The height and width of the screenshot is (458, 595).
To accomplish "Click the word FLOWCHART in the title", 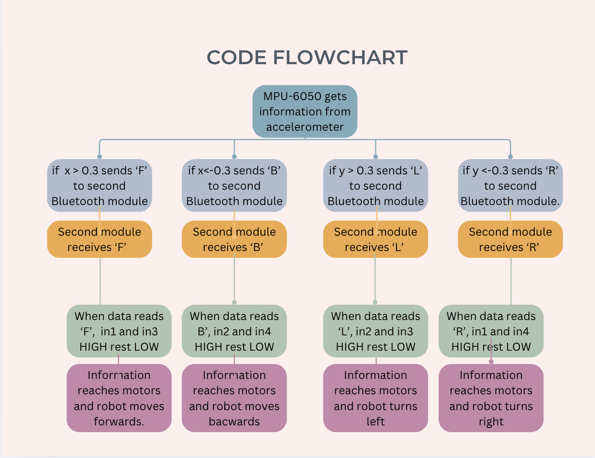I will pos(340,58).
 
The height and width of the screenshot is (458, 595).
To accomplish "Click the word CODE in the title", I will pos(236,58).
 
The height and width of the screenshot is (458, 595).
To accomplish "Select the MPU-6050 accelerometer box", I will pos(305,112).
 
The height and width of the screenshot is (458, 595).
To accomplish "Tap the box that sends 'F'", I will pos(99,186).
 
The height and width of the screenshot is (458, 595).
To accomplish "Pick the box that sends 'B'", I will pos(234,186).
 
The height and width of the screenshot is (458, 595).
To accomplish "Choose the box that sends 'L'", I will pos(375,186).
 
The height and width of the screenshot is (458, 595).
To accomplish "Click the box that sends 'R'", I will pos(510,186).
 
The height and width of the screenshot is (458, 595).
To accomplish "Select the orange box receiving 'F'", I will pos(99,240).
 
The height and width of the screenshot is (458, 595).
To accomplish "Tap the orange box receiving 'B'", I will pos(234,240).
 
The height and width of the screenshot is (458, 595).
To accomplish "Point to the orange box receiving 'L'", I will pos(375,240).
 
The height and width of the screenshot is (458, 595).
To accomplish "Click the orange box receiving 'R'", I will pos(510,240).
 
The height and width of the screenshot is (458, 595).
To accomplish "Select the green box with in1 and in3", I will pos(119,332).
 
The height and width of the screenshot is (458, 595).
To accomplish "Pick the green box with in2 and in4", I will pos(234,332).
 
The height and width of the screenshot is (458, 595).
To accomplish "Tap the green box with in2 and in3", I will pos(375,332).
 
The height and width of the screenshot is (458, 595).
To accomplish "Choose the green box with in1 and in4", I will pos(491,332).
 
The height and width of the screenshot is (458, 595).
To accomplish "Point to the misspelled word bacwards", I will pos(234,422).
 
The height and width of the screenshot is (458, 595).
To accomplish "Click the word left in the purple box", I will pos(375,422).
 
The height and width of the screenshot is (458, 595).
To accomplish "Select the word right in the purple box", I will pos(491,422).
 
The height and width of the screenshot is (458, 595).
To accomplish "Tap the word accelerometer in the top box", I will pos(305,127).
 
